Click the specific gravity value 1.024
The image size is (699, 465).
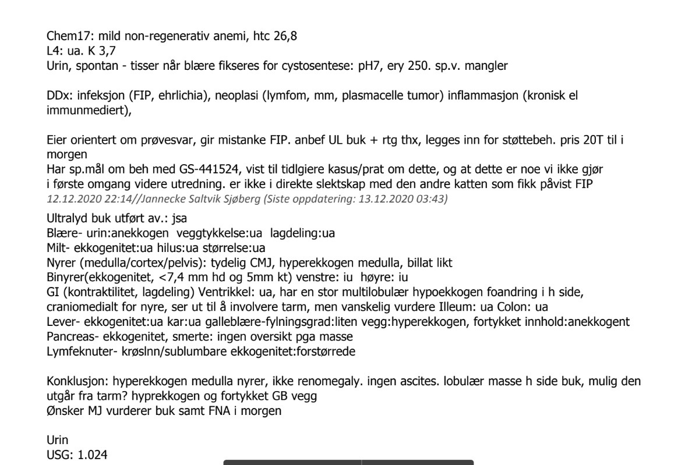coord(90,455)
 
